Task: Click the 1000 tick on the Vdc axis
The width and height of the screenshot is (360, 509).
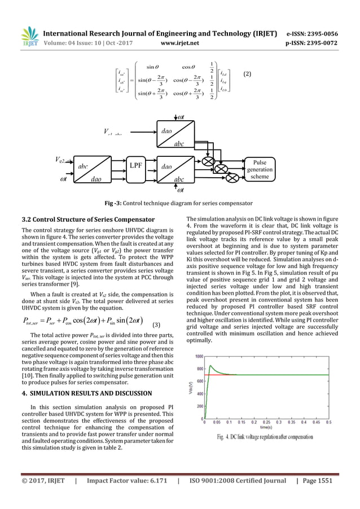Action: (199, 357)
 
